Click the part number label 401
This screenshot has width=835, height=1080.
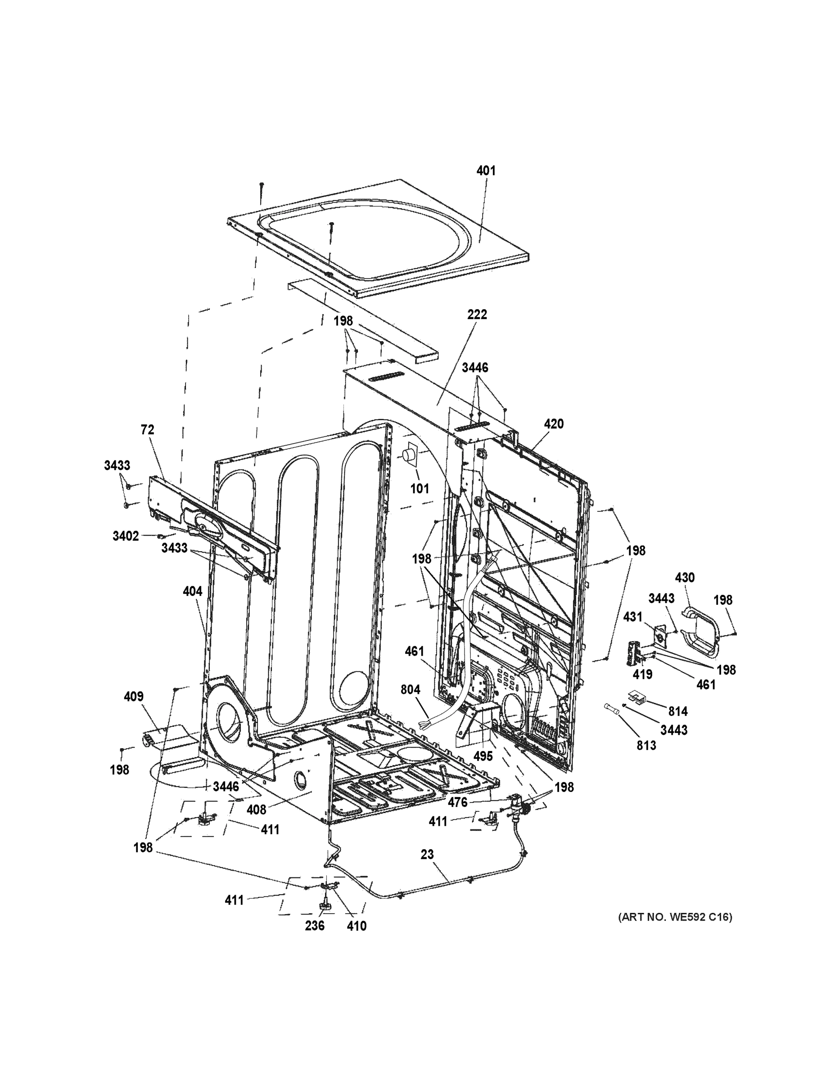pyautogui.click(x=486, y=171)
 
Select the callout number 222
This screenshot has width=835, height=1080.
pyautogui.click(x=477, y=315)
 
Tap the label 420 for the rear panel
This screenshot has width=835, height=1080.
pyautogui.click(x=554, y=424)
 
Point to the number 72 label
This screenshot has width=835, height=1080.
pyautogui.click(x=147, y=430)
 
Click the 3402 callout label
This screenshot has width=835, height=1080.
pyautogui.click(x=126, y=536)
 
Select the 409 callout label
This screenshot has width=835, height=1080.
pyautogui.click(x=134, y=696)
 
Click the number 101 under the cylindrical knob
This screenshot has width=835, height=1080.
pyautogui.click(x=420, y=489)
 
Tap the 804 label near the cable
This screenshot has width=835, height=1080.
pyautogui.click(x=411, y=689)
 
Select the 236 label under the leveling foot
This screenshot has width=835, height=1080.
pyautogui.click(x=315, y=926)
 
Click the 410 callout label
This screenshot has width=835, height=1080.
pyautogui.click(x=357, y=926)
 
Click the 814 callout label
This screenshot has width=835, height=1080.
pyautogui.click(x=678, y=711)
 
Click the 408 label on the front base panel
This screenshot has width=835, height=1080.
pyautogui.click(x=256, y=810)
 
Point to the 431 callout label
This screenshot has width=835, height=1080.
pyautogui.click(x=633, y=616)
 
